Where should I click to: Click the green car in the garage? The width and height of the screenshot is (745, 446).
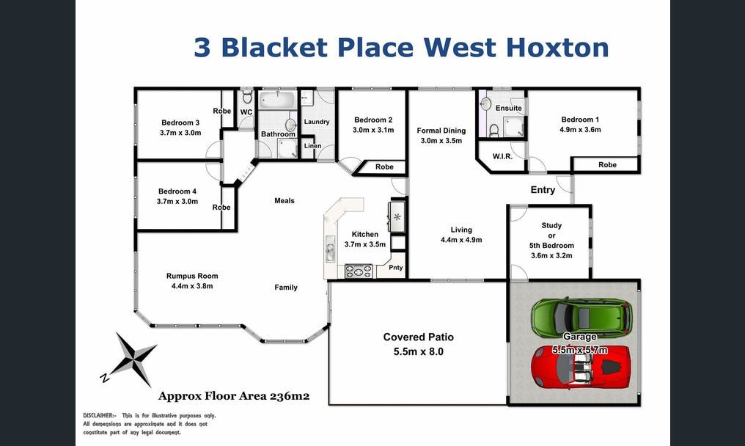click(581, 317)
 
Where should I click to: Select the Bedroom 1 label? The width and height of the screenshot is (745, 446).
click(580, 120)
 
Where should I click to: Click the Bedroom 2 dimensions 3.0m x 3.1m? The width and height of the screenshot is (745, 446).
click(373, 130)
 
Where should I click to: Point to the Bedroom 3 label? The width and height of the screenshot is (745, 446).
click(180, 123)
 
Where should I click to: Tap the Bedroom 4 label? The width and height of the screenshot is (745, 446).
click(177, 191)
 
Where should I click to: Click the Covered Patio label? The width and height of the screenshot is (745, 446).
click(418, 337)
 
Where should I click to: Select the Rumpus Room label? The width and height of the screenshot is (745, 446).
click(192, 277)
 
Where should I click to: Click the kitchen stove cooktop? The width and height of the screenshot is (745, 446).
click(359, 270)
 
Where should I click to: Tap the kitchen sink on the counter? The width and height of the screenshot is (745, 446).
click(330, 252)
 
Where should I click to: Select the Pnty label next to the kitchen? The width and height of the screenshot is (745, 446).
click(396, 268)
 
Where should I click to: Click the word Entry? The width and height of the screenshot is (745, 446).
click(543, 190)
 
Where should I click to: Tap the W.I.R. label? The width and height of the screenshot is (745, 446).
click(502, 156)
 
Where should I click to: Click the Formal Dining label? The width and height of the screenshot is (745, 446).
click(441, 131)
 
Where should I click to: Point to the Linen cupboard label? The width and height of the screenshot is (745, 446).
click(312, 146)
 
